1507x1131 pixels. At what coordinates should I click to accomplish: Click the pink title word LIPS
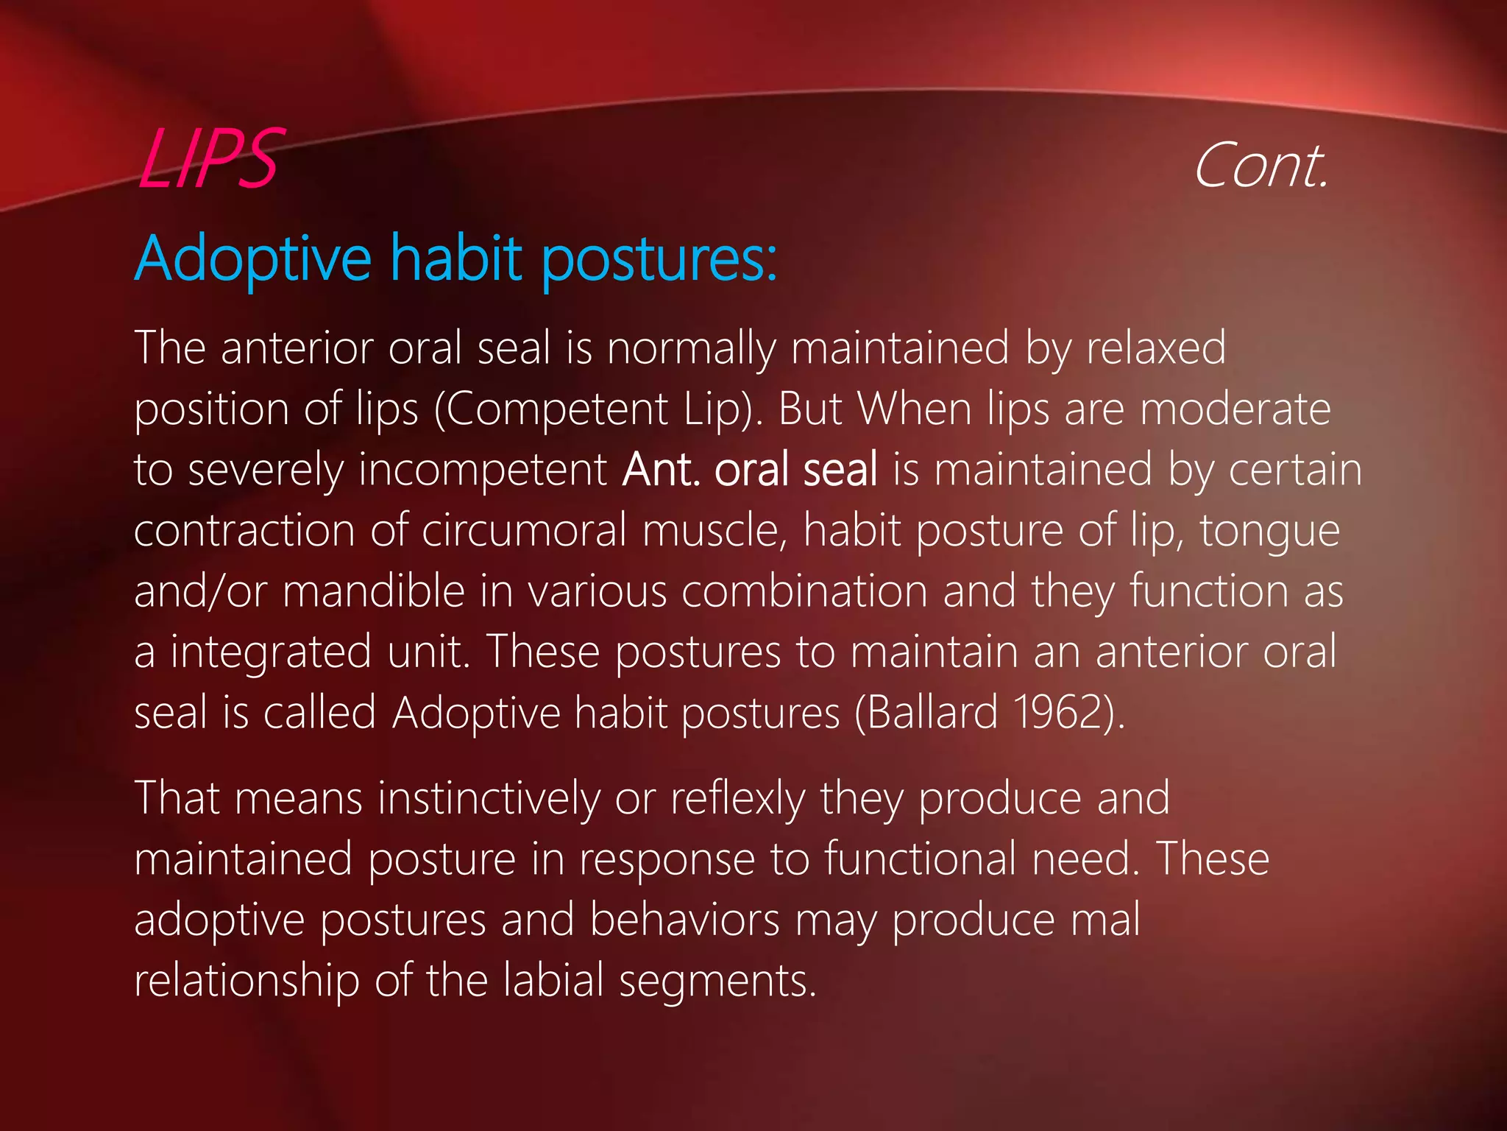pos(208,159)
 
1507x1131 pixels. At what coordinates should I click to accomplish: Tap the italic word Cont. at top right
pos(1260,166)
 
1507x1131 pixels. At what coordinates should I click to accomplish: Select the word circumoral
pos(524,530)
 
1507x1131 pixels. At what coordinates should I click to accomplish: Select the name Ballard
pos(932,713)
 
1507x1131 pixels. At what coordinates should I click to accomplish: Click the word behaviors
pos(684,920)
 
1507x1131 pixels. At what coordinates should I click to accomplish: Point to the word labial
pos(554,981)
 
